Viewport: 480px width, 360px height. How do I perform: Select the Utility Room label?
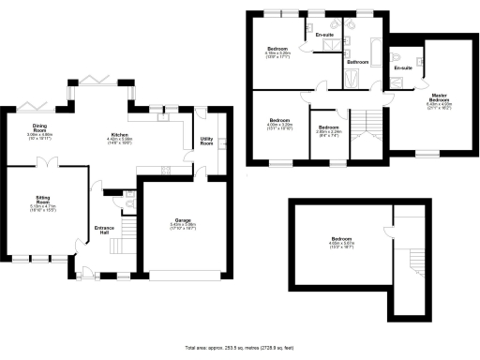(x=206, y=142)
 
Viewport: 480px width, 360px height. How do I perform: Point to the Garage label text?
(x=170, y=221)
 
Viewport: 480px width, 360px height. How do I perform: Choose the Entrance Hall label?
(x=104, y=230)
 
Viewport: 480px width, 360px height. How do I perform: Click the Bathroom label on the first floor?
(x=355, y=62)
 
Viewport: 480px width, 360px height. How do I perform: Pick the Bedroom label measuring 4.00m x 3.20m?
(x=279, y=122)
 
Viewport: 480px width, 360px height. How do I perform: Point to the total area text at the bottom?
(x=240, y=347)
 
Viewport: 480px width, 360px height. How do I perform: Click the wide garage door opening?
(x=183, y=276)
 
